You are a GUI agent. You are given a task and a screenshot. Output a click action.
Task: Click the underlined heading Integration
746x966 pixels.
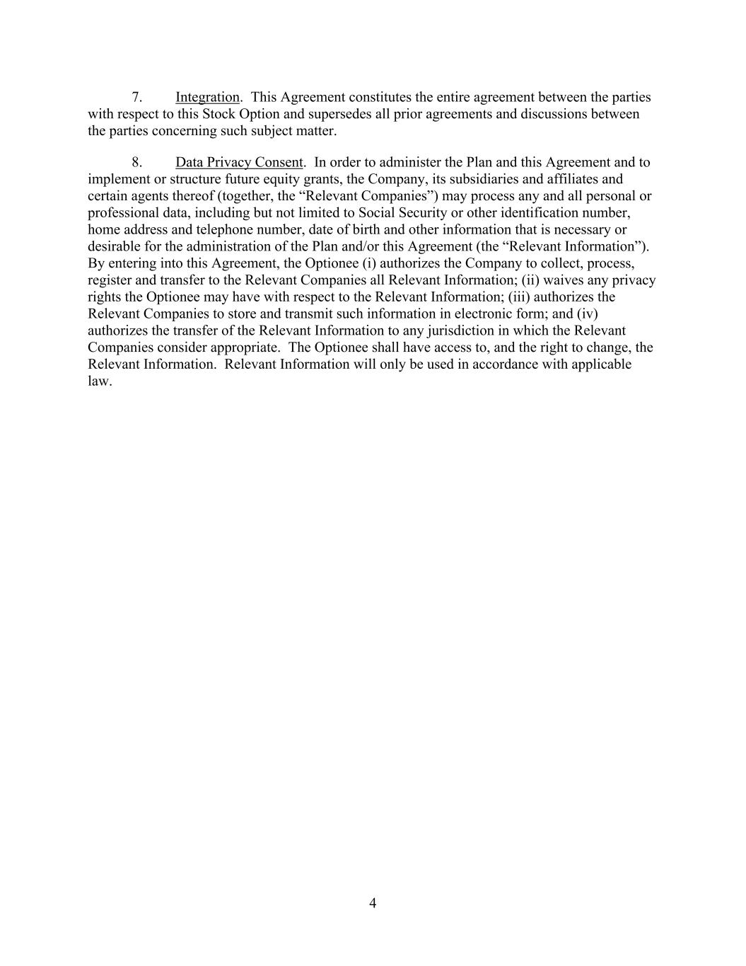pos(207,97)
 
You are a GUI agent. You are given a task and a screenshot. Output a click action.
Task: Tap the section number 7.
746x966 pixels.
pos(137,97)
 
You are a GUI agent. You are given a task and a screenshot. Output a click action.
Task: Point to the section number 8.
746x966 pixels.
pos(137,162)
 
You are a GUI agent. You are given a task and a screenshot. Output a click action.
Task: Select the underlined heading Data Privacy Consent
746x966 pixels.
pos(239,162)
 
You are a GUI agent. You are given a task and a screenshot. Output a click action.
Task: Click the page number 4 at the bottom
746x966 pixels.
pos(373,902)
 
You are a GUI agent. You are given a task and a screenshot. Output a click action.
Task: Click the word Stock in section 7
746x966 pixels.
pos(218,114)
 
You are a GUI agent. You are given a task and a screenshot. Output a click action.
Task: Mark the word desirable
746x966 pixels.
pos(115,247)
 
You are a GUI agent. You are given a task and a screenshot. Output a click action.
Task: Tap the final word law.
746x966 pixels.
pos(99,381)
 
